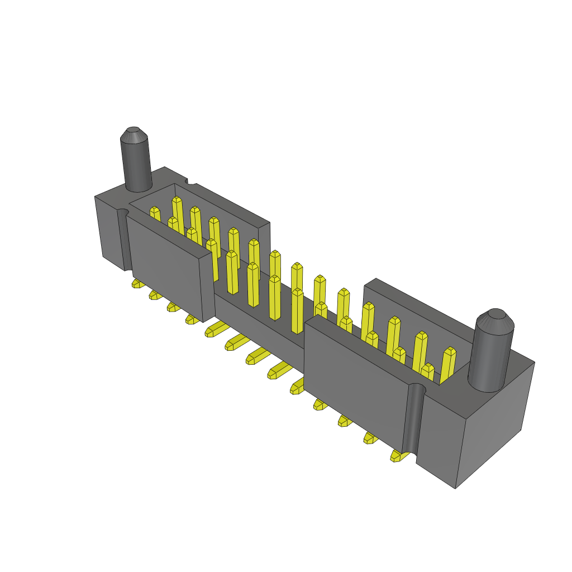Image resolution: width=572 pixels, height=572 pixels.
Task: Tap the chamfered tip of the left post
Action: [x=134, y=135]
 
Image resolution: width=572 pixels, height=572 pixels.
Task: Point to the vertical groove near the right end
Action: [x=412, y=419]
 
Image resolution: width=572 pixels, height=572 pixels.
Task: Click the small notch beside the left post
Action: [x=191, y=182]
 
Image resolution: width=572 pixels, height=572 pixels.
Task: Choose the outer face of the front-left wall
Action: [x=165, y=263]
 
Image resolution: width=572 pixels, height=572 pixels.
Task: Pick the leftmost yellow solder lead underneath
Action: [x=137, y=283]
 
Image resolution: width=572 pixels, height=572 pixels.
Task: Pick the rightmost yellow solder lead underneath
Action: [x=398, y=456]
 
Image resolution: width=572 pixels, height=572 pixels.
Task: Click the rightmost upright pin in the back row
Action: [x=448, y=363]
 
